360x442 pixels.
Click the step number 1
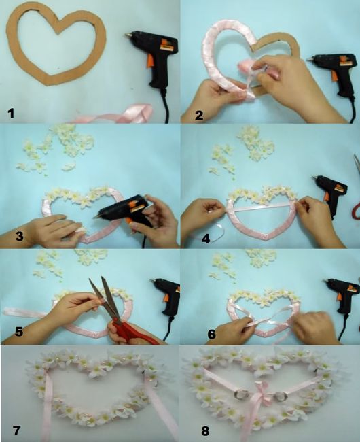(x=11, y=114)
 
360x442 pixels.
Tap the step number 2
(x=199, y=116)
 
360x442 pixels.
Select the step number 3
(x=19, y=236)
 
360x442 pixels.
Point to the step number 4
(x=206, y=239)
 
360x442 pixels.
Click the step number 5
(x=19, y=332)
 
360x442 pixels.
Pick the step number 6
(x=211, y=334)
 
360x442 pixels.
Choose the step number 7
(x=17, y=430)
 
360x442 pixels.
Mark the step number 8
(x=205, y=431)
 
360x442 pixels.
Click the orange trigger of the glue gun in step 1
(x=150, y=61)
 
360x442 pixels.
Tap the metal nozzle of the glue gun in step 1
(x=128, y=35)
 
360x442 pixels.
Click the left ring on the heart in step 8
(x=241, y=394)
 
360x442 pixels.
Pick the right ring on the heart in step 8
(x=281, y=396)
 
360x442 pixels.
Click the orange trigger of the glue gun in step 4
(x=327, y=196)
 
